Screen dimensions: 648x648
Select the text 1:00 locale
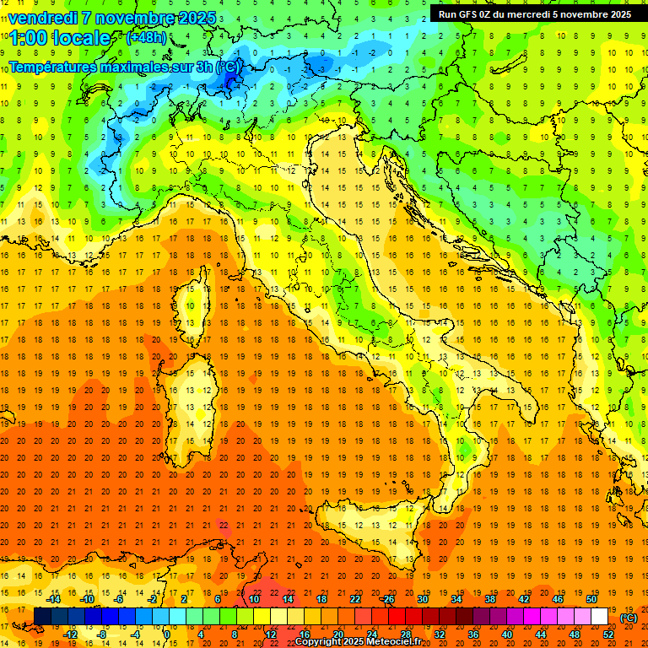pos(60,38)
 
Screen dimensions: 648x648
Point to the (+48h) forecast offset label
pos(146,38)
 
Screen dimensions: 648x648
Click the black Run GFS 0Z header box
pos(534,13)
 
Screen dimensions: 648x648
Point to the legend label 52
pos(608,634)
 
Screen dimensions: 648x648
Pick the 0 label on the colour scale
pos(166,634)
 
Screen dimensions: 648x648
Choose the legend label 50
pos(591,599)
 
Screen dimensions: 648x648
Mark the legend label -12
pos(71,634)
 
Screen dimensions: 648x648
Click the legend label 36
pos(473,634)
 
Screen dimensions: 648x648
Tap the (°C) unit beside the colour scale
pos(629,618)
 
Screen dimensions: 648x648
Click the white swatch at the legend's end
pos(599,617)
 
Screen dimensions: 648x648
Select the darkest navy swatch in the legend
pos(42,617)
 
